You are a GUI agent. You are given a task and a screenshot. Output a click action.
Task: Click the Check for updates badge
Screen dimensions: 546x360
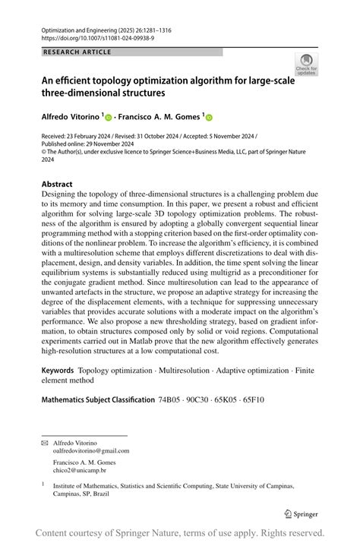(x=307, y=63)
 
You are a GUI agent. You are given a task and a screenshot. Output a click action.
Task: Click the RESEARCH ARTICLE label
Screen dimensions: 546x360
(x=77, y=52)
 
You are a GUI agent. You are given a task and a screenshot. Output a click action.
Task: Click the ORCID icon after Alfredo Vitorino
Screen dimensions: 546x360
(x=109, y=118)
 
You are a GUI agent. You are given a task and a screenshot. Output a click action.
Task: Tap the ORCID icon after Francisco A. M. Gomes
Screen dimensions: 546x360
(x=209, y=118)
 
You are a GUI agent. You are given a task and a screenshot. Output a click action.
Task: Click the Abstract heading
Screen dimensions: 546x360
(x=57, y=185)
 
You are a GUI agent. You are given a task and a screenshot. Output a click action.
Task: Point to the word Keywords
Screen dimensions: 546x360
(x=58, y=371)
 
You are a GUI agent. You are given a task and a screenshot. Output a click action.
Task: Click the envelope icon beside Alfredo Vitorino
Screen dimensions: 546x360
(x=44, y=442)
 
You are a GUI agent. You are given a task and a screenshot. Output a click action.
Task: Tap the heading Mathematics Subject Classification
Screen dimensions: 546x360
(x=98, y=399)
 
